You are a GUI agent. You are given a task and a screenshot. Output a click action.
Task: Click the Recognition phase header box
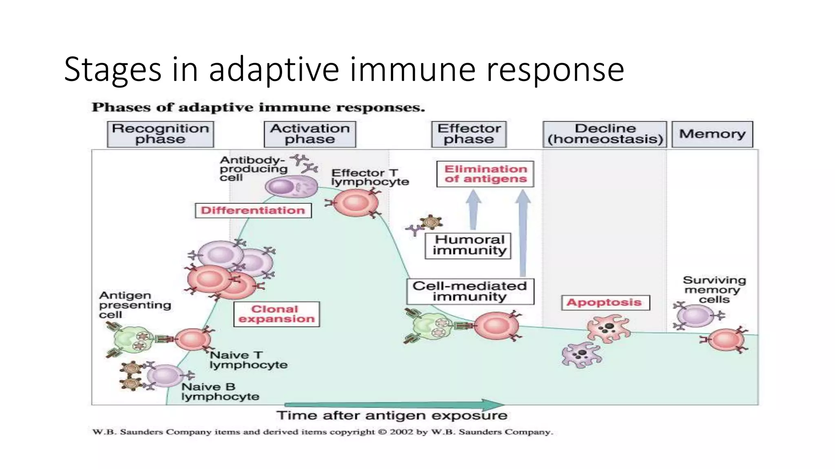[160, 134]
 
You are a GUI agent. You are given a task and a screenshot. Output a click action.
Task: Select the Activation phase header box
[310, 134]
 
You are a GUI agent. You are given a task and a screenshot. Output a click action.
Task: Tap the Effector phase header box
[469, 134]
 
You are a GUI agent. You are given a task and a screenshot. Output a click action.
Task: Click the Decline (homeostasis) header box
[605, 134]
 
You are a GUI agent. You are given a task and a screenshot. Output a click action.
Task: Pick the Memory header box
[712, 134]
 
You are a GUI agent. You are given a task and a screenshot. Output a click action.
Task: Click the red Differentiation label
[253, 210]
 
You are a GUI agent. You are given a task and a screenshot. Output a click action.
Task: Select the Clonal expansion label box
[276, 314]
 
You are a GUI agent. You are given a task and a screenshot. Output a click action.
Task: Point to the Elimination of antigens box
[485, 174]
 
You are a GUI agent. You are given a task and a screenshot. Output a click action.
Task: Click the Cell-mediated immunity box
[470, 291]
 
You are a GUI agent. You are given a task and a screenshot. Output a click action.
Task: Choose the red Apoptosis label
[605, 302]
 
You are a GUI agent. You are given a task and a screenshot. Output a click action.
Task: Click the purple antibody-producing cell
[291, 187]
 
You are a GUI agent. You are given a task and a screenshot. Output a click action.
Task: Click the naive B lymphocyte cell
[164, 375]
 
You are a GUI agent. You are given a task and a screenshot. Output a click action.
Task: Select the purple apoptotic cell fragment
[581, 354]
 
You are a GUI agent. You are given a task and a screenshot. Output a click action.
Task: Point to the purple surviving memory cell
[695, 316]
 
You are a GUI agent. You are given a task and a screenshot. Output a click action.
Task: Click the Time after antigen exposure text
[391, 416]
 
